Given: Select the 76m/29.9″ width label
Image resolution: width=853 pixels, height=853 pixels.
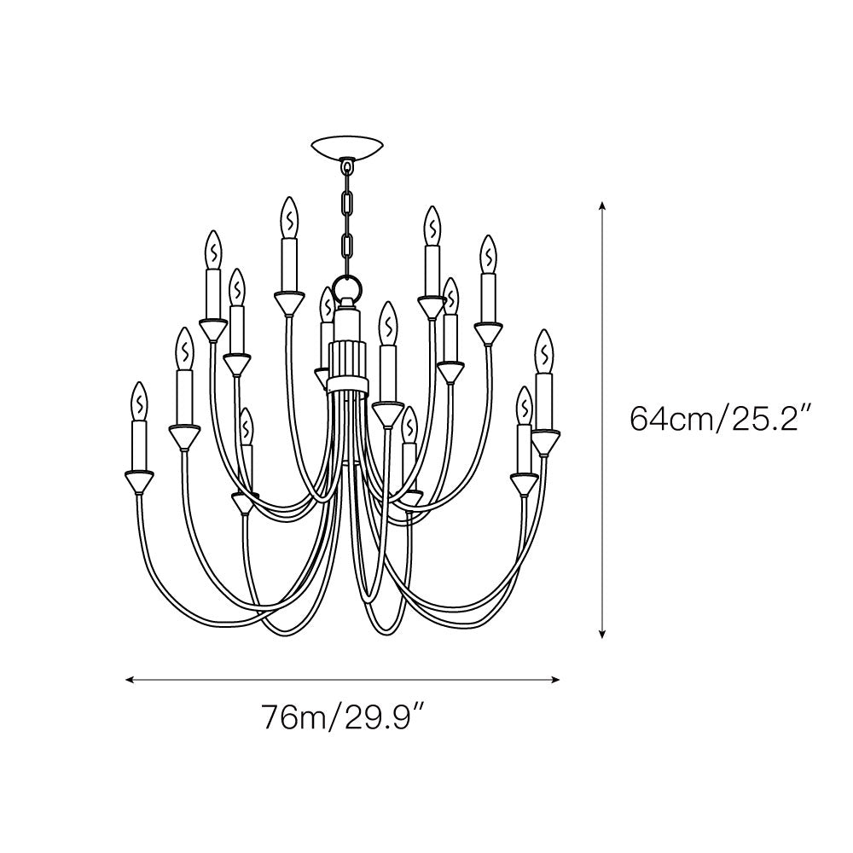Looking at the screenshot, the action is point(343,717).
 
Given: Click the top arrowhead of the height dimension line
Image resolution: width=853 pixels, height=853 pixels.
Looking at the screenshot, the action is point(601,205).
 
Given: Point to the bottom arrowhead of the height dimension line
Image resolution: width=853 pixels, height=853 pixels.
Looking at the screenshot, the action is point(601,633).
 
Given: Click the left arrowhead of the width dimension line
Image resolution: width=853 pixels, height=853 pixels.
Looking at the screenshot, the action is point(130,680).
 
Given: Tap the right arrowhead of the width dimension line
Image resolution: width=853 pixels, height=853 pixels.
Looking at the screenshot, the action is point(555,680).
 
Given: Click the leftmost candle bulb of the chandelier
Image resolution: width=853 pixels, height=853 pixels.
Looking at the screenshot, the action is point(140,401).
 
